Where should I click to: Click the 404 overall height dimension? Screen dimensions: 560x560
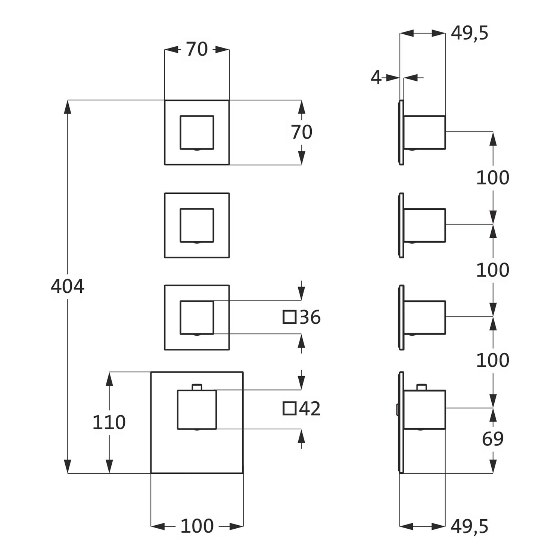pyautogui.click(x=68, y=287)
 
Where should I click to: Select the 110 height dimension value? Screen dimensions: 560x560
pyautogui.click(x=109, y=423)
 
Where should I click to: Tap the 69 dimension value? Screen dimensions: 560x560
pyautogui.click(x=493, y=439)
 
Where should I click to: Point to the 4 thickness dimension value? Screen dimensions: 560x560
pyautogui.click(x=376, y=78)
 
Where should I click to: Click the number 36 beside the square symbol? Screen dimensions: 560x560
pyautogui.click(x=310, y=317)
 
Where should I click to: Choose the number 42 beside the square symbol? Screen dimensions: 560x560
pyautogui.click(x=310, y=409)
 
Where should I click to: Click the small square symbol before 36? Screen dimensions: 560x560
pyautogui.click(x=289, y=317)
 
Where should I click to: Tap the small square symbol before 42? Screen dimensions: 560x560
pyautogui.click(x=289, y=408)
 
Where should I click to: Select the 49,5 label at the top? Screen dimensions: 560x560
pyautogui.click(x=469, y=34)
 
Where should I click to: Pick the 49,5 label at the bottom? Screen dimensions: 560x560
pyautogui.click(x=469, y=526)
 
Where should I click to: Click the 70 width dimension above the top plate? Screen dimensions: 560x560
pyautogui.click(x=197, y=49)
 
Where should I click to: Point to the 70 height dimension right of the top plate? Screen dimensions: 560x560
pyautogui.click(x=302, y=132)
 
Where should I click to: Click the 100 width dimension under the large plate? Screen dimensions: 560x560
pyautogui.click(x=197, y=526)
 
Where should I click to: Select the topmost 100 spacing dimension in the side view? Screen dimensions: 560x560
pyautogui.click(x=493, y=178)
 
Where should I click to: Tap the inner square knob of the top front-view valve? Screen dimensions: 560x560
pyautogui.click(x=197, y=133)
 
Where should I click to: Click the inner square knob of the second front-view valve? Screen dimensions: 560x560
pyautogui.click(x=197, y=225)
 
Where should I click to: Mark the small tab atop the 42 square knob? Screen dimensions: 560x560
pyautogui.click(x=197, y=387)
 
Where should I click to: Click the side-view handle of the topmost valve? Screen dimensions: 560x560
pyautogui.click(x=424, y=132)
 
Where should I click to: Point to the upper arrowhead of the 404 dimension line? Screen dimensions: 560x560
pyautogui.click(x=68, y=107)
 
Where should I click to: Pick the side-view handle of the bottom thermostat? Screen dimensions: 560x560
pyautogui.click(x=424, y=410)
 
